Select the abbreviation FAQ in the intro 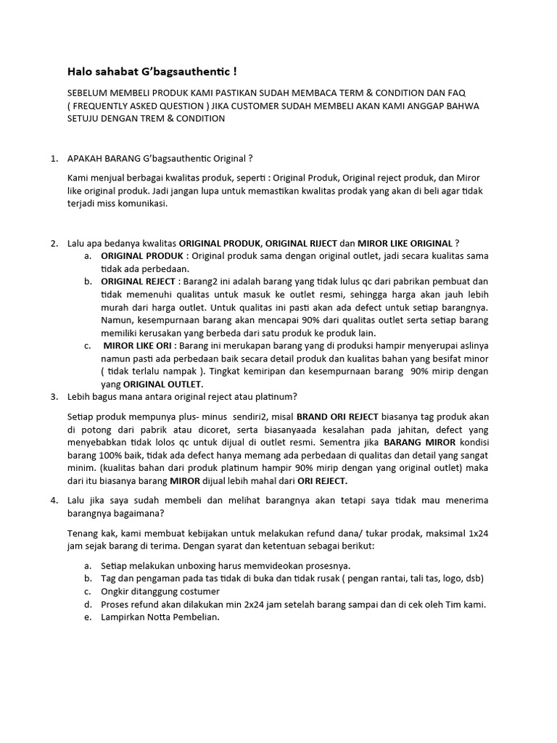pyautogui.click(x=456, y=94)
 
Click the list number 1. pyautogui.click(x=54, y=158)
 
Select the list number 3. pyautogui.click(x=54, y=397)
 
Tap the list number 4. pyautogui.click(x=54, y=500)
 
